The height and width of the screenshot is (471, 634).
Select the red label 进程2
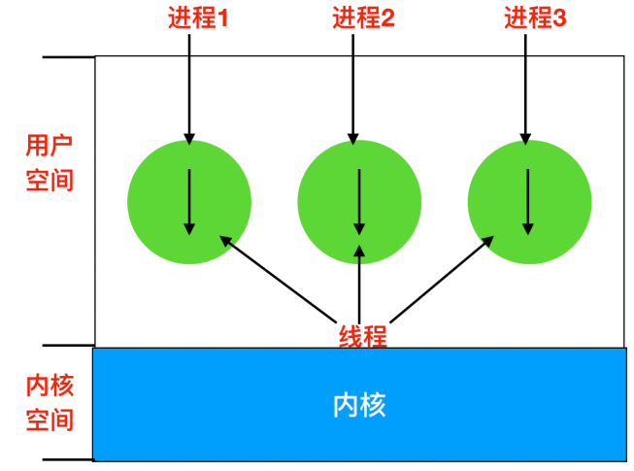[x=363, y=17]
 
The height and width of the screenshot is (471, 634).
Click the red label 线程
[x=362, y=336]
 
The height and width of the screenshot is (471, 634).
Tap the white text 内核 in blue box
[x=359, y=403]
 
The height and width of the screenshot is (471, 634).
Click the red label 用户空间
[x=49, y=162]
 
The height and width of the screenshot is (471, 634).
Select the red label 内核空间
[x=49, y=401]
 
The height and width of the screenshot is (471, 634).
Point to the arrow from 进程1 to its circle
[x=189, y=87]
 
